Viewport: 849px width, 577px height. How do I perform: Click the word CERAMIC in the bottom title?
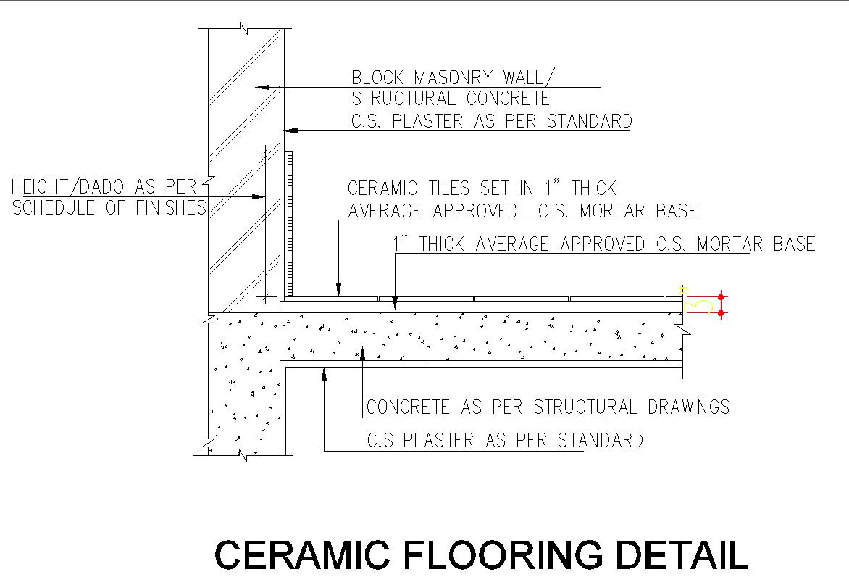301,555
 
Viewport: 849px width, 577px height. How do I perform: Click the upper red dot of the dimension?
721,297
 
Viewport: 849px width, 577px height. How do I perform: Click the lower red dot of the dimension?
721,312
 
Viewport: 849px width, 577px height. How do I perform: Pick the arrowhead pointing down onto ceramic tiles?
338,291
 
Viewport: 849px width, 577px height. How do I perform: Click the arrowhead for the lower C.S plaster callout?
325,372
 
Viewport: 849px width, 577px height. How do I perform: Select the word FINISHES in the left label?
171,208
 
